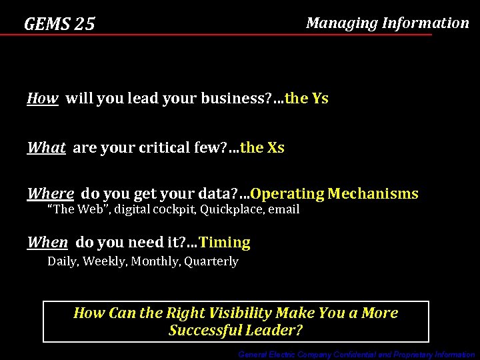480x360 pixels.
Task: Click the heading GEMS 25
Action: tap(59, 25)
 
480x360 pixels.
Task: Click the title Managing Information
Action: tap(387, 23)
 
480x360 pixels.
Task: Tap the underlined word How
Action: tap(42, 99)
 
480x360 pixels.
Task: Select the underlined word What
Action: tap(46, 147)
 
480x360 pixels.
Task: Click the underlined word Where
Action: tap(50, 194)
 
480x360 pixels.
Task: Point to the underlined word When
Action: tap(47, 242)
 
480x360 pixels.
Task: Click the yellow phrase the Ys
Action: tap(307, 99)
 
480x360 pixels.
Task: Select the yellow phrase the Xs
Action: tap(262, 147)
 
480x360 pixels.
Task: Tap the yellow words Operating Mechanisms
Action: tap(335, 194)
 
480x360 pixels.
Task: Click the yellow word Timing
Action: tap(225, 242)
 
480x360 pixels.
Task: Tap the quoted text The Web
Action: tap(73, 209)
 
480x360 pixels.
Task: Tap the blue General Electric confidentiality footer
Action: tap(357, 355)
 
